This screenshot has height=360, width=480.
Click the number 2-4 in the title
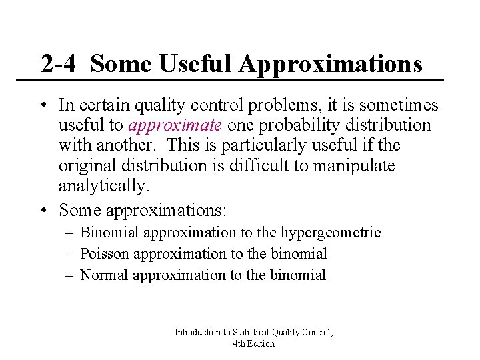click(59, 64)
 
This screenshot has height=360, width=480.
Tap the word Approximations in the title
click(331, 65)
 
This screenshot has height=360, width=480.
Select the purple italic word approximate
click(175, 125)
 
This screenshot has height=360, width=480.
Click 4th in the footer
click(239, 343)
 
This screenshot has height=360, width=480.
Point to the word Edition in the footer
click(261, 343)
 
